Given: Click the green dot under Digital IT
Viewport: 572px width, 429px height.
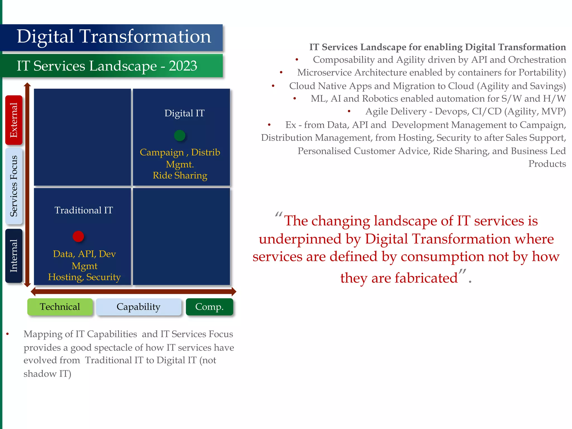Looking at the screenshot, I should pos(180,136).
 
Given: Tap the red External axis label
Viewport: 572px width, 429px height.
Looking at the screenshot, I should pos(14,120).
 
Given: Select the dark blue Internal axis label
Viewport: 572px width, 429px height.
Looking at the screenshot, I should pos(14,256).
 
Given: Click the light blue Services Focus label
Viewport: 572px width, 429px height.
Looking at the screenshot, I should pos(14,186).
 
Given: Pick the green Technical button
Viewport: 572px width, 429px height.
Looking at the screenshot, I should pos(60,307).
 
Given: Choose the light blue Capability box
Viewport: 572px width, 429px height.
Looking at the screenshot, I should pos(139,307).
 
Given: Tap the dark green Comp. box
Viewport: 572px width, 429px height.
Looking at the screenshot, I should pos(209,307).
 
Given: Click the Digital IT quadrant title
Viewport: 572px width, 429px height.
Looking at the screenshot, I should pos(184,113).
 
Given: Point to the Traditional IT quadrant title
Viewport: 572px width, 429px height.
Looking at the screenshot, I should pos(84,210).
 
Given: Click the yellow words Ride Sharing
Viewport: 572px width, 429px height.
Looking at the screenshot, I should pos(180,175).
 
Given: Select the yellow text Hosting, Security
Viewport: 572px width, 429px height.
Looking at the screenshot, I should pos(84,277).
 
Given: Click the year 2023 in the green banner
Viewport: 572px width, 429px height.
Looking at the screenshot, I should pos(183,66).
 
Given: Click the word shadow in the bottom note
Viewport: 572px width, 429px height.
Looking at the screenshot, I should pos(40,374).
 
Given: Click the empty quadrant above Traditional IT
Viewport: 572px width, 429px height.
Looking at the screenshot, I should pos(82,137).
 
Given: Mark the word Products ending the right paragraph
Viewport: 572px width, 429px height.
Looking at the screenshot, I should pos(547,164).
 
